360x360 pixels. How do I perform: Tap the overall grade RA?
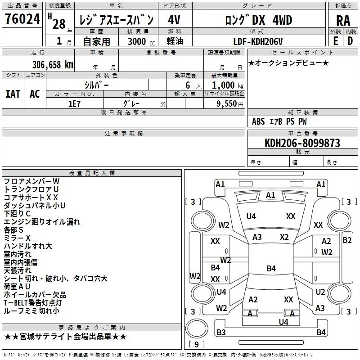pos(343,20)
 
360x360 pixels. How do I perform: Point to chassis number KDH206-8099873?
pos(302,143)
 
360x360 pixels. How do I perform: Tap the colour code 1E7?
pos(75,103)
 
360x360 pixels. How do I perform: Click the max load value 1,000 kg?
pos(228,85)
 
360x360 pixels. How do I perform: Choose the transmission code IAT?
pos(13,94)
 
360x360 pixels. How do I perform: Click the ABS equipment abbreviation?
pos(258,121)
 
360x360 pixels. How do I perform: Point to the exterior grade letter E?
pos(335,41)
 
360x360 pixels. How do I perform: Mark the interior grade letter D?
pos(351,41)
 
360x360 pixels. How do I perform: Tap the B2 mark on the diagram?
pos(347,240)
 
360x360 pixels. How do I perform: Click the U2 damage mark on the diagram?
pos(320,292)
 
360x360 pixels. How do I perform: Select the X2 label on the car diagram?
pos(284,237)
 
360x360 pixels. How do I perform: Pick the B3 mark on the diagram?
pos(221,333)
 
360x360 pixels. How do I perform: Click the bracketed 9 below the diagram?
pos(197,345)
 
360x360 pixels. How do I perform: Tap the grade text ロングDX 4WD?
pos(259,20)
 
